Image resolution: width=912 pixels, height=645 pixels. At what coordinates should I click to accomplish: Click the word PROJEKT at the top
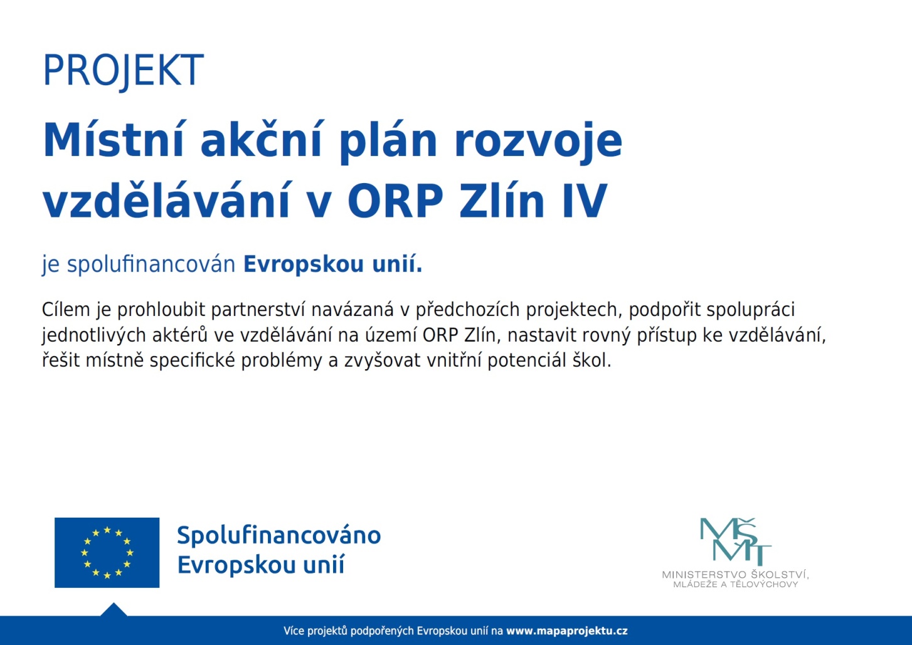point(123,70)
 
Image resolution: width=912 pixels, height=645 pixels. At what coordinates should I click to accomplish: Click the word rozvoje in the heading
point(538,142)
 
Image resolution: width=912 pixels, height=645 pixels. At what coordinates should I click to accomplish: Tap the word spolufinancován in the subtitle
point(151,265)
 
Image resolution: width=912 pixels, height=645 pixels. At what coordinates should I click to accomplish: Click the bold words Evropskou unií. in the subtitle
point(333,265)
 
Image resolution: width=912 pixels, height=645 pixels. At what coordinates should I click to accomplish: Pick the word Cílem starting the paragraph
point(66,310)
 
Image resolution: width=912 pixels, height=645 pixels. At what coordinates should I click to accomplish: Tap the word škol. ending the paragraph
point(592,360)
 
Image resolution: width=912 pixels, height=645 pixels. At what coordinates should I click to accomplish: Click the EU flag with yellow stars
point(107,553)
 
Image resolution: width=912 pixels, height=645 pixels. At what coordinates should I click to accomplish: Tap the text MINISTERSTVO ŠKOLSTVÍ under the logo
point(735,575)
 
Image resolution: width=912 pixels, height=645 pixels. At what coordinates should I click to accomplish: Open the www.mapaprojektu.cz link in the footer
point(567,631)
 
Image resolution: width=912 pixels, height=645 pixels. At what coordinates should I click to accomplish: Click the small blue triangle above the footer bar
point(114,611)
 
